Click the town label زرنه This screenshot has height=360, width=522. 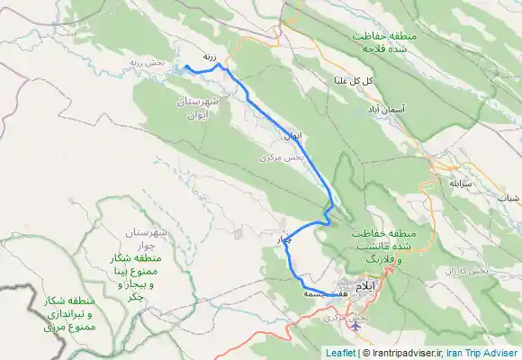(210, 56)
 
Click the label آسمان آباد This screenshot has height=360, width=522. (385, 108)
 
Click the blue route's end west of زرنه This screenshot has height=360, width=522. (185, 67)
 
